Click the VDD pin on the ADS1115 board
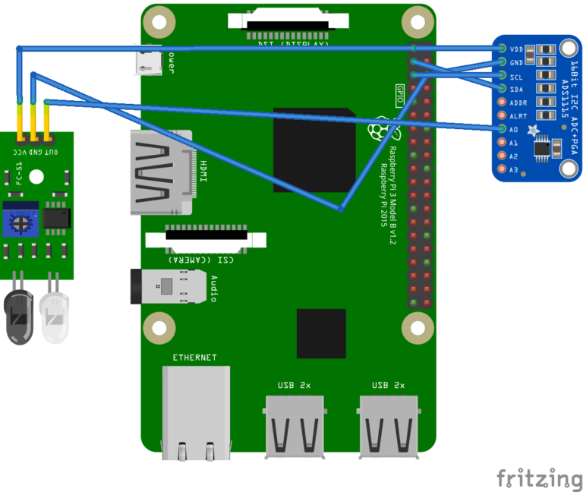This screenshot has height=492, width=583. [503, 49]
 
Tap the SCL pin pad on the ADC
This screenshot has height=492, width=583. [503, 75]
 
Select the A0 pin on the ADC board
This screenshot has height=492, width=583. [503, 129]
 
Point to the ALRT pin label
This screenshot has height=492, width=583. [519, 116]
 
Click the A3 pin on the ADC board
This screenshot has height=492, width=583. [503, 169]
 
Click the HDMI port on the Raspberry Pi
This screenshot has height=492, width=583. [162, 172]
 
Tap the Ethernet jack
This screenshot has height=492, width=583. [196, 413]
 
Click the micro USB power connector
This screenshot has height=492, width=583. [149, 61]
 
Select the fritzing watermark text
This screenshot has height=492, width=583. [540, 478]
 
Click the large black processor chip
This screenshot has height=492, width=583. [314, 150]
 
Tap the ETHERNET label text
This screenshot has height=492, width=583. [194, 357]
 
